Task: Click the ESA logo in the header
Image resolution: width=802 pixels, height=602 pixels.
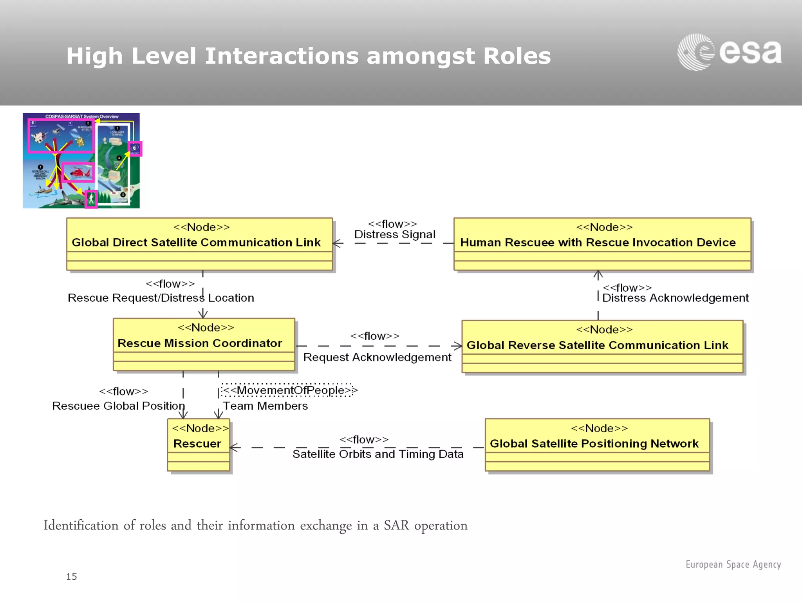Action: (x=729, y=52)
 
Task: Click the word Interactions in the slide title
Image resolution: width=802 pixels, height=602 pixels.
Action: (x=282, y=56)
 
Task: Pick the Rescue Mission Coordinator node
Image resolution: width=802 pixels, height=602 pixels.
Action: (x=204, y=344)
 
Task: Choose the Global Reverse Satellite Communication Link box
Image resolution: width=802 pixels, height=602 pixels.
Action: (x=602, y=346)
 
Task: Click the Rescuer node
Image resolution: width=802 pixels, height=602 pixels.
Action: (x=198, y=444)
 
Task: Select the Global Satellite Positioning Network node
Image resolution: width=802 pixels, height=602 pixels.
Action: (x=597, y=444)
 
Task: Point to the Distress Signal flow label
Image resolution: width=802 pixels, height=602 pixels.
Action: (x=395, y=234)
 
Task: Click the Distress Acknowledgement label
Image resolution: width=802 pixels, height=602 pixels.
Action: (x=675, y=298)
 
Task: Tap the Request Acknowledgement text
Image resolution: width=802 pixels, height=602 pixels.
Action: (x=377, y=357)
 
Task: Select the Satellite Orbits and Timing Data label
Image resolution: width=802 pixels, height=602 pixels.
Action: (x=378, y=454)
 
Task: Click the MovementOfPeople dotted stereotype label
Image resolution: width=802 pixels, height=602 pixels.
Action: (x=289, y=390)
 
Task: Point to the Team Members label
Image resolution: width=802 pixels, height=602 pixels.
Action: (x=265, y=406)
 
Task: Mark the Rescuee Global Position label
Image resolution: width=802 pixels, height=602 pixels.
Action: (x=118, y=406)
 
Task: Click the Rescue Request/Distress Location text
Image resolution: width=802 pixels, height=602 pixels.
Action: (x=161, y=298)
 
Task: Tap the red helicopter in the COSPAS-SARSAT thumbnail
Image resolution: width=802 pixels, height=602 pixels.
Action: (x=78, y=172)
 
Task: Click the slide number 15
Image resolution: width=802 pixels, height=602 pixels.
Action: (x=71, y=577)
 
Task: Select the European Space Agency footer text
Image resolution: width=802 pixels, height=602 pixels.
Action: (x=733, y=564)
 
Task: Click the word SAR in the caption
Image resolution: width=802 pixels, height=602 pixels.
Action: (x=396, y=526)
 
